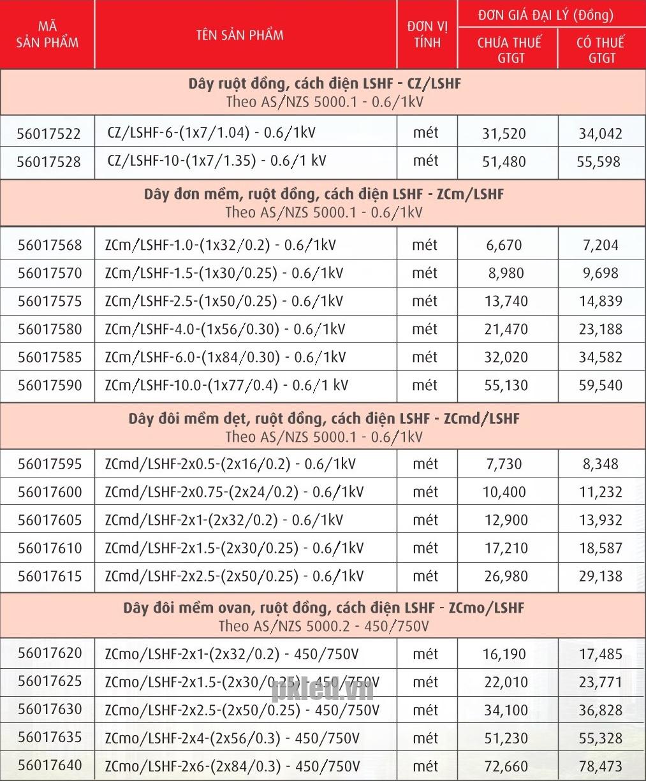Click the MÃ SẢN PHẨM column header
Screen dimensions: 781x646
pyautogui.click(x=47, y=34)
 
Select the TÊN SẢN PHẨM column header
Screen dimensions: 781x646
pyautogui.click(x=240, y=34)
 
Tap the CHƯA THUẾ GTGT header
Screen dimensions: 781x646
pyautogui.click(x=509, y=50)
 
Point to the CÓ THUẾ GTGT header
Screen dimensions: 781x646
pyautogui.click(x=601, y=50)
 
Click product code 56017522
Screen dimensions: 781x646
pyautogui.click(x=48, y=134)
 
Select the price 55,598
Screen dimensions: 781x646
pyautogui.click(x=598, y=162)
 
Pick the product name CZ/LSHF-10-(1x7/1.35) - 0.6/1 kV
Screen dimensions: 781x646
pyautogui.click(x=217, y=161)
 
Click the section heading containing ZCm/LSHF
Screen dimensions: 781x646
pyautogui.click(x=323, y=194)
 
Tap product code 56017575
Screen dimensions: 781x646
pyautogui.click(x=50, y=301)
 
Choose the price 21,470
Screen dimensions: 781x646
pyautogui.click(x=506, y=329)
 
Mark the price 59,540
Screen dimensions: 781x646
pyautogui.click(x=600, y=385)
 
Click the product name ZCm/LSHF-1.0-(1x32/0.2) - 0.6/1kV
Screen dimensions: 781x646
pyautogui.click(x=220, y=245)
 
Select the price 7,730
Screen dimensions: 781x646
pyautogui.click(x=504, y=464)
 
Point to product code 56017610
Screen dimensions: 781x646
pyautogui.click(x=50, y=548)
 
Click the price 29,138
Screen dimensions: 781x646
pyautogui.click(x=600, y=576)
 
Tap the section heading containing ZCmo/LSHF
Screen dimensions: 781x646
pyautogui.click(x=323, y=608)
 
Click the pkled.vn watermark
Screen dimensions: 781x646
pyautogui.click(x=323, y=689)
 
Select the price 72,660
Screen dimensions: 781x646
pyautogui.click(x=506, y=766)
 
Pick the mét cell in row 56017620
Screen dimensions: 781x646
pyautogui.click(x=425, y=654)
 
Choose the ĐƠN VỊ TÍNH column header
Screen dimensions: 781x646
pyautogui.click(x=427, y=34)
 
